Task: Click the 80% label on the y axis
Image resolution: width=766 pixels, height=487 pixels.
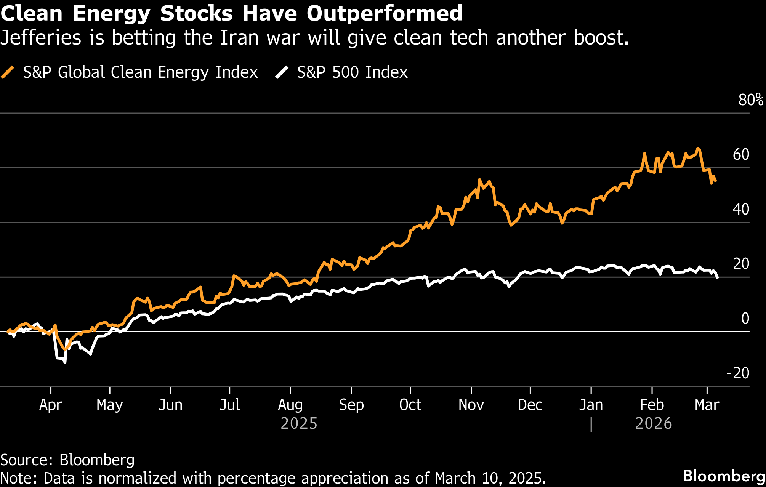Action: (x=750, y=100)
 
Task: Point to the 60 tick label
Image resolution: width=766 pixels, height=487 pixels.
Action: (x=741, y=154)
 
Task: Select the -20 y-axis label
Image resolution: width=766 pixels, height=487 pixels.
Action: (x=738, y=373)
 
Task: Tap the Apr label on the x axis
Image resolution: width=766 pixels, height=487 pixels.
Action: (x=51, y=404)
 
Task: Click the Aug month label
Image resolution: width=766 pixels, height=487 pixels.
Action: (x=290, y=404)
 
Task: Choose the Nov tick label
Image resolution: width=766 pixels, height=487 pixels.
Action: (x=471, y=404)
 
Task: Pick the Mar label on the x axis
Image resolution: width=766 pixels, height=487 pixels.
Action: (x=707, y=404)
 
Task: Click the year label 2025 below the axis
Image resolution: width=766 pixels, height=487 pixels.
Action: (x=299, y=423)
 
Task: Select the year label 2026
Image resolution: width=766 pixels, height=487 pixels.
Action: (x=654, y=423)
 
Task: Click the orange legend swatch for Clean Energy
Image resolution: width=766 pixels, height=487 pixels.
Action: (x=8, y=72)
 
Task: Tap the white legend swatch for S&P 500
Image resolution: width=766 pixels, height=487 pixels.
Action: (x=282, y=72)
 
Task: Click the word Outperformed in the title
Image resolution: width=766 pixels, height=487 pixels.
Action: (x=384, y=13)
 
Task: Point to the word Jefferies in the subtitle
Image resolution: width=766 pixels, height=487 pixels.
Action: (x=41, y=38)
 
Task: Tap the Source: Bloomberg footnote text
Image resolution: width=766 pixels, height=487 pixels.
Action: (x=67, y=460)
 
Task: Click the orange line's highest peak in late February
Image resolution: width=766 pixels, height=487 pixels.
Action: (x=697, y=149)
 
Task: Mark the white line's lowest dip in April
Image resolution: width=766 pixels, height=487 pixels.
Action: (x=65, y=362)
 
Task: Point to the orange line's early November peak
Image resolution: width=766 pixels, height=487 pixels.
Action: (x=479, y=179)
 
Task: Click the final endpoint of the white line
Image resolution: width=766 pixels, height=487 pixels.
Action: (x=718, y=277)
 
